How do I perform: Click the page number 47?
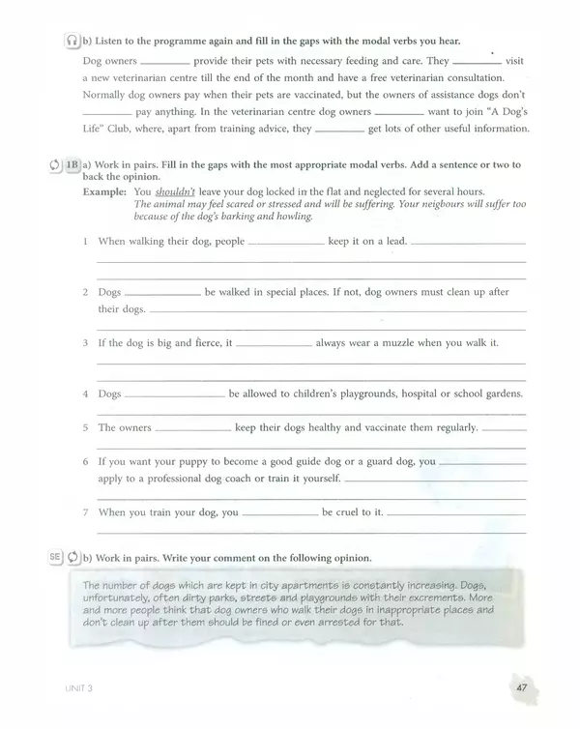521,687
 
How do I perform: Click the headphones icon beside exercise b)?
71,41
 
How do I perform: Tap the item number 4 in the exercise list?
87,394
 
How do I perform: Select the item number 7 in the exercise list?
87,512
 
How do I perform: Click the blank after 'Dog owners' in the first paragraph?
152,60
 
